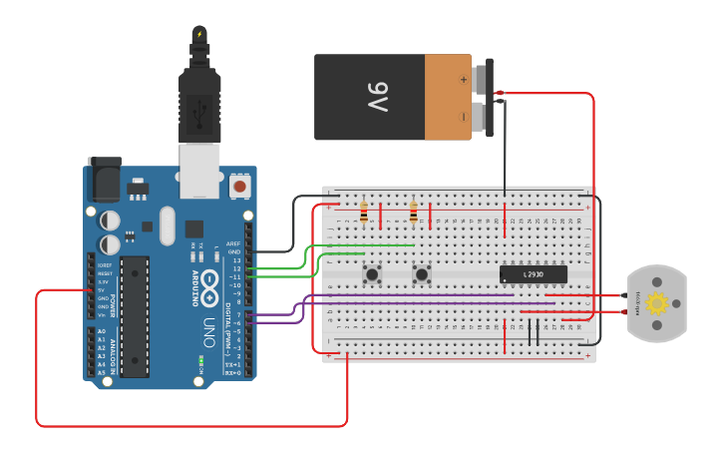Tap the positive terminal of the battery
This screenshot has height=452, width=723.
click(x=485, y=78)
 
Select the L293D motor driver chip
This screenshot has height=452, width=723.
click(x=533, y=273)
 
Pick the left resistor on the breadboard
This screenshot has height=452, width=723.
click(x=364, y=213)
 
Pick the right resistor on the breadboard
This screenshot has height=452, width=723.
click(x=414, y=213)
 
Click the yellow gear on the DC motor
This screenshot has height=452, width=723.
click(x=656, y=304)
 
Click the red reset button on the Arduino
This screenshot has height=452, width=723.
click(x=239, y=187)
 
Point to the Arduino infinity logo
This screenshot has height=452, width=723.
click(x=212, y=280)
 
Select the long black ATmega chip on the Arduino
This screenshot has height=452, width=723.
click(x=135, y=315)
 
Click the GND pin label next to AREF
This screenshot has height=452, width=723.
click(x=233, y=251)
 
